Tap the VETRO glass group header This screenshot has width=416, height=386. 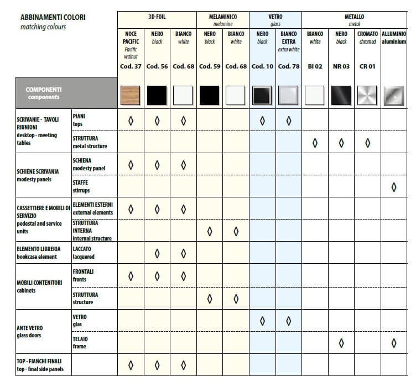click(275, 20)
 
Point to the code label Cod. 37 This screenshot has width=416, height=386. click(131, 66)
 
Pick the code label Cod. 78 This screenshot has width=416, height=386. click(288, 66)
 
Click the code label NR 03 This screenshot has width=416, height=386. click(341, 66)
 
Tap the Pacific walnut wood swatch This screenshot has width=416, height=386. click(131, 96)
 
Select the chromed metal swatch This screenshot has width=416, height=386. click(367, 96)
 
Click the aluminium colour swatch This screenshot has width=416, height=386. click(393, 96)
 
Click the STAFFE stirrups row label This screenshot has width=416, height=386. click(81, 186)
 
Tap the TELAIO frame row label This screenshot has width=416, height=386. click(80, 342)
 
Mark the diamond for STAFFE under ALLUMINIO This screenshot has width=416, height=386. click(394, 187)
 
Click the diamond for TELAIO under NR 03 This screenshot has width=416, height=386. click(341, 343)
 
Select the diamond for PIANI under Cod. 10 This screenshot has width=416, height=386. click(262, 121)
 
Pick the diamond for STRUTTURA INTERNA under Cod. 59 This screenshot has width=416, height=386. click(210, 231)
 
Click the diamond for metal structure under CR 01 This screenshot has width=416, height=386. click(367, 143)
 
